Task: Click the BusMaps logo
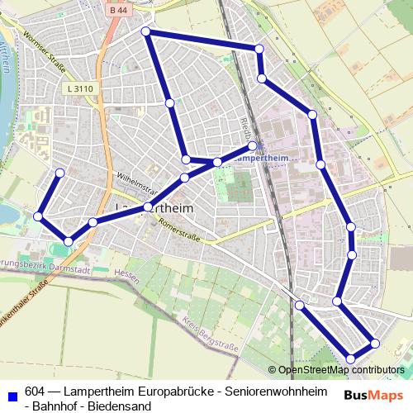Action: (x=374, y=395)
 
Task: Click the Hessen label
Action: (x=126, y=273)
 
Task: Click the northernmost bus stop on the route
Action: (x=146, y=31)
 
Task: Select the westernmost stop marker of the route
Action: (x=38, y=216)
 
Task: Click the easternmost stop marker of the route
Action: (x=375, y=343)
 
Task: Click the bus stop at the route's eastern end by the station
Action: (x=252, y=145)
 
